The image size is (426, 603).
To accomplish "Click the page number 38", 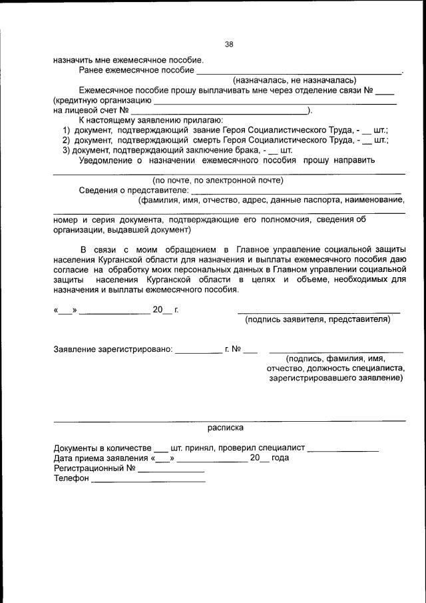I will click(229, 45).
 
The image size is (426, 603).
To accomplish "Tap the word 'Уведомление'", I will click(107, 160).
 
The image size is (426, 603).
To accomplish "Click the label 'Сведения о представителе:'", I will click(133, 190).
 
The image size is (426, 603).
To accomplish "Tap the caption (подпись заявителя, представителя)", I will click(318, 320).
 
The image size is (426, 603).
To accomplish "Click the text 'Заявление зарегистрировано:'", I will click(113, 349).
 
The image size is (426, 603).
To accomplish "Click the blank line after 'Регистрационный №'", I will click(170, 468).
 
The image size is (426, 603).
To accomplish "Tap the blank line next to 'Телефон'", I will click(148, 478).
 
